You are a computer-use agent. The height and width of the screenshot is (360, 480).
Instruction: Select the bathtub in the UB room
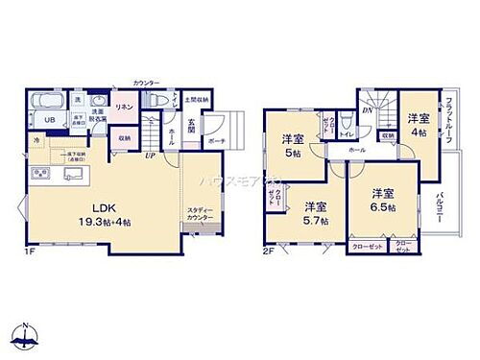(46, 102)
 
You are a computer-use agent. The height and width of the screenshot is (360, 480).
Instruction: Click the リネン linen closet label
(124, 108)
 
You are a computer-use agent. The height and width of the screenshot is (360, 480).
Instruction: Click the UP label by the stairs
(150, 155)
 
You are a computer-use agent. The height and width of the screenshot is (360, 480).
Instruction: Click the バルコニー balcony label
(466, 206)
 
